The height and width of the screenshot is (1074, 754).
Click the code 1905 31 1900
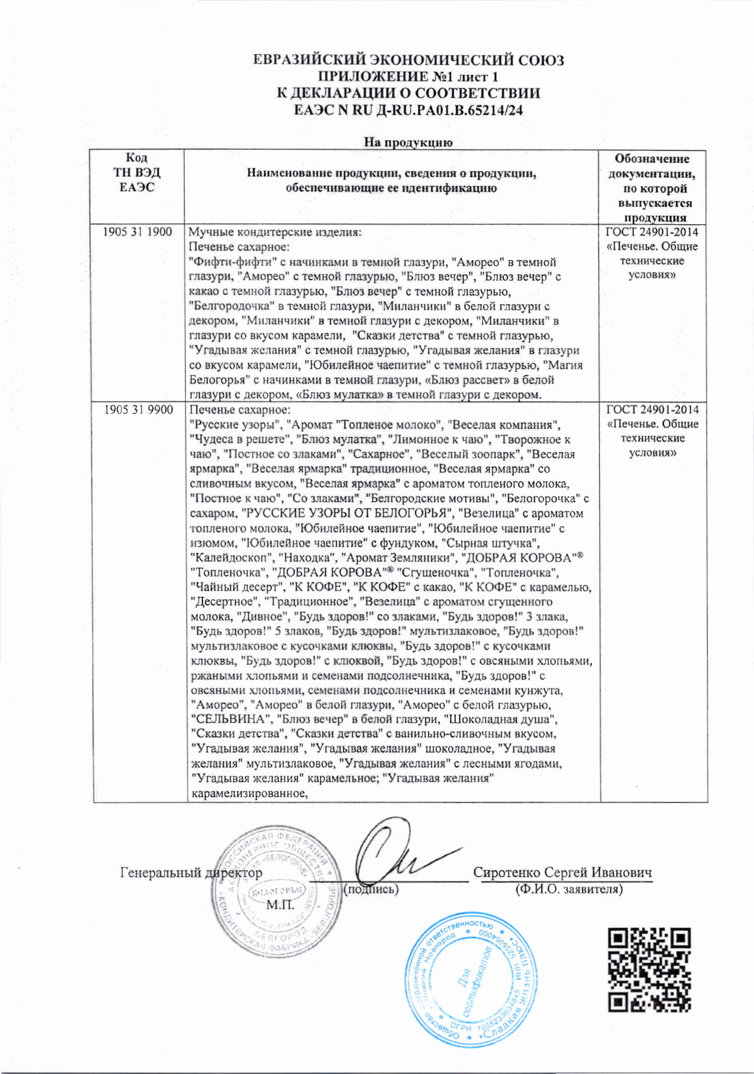137,232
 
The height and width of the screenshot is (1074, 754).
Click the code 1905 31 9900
138,410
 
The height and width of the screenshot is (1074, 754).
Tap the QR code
649,970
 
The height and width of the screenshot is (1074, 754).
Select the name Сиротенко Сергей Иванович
562,873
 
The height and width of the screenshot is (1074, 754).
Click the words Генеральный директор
191,873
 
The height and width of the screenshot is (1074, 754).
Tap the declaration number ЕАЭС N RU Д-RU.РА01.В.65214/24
408,110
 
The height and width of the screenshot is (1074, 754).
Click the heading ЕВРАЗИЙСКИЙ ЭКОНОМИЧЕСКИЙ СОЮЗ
408,60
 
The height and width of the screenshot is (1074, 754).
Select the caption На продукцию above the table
408,143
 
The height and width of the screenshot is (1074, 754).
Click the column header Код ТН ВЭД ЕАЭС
137,172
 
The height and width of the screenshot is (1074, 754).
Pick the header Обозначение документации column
652,188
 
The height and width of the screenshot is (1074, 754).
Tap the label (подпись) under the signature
371,889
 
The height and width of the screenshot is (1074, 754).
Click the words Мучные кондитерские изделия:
275,232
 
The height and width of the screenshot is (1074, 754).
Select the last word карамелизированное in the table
247,793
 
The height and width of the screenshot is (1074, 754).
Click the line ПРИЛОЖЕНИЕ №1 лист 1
408,77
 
